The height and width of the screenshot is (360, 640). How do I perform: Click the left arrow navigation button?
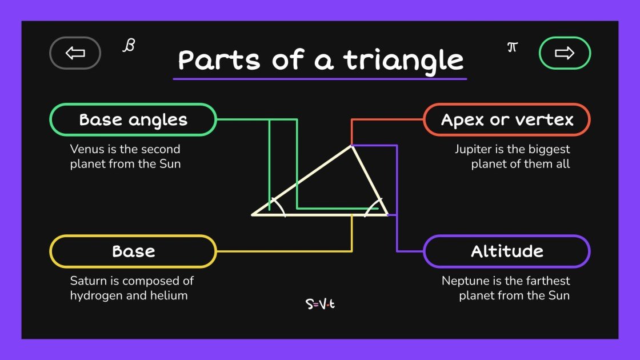click(75, 53)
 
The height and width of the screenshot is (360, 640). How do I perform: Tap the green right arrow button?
click(565, 53)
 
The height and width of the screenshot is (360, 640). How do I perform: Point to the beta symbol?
click(129, 46)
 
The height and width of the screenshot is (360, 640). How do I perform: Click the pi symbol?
click(512, 47)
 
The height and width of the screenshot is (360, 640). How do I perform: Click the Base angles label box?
click(133, 120)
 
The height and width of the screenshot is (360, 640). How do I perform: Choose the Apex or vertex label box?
click(507, 120)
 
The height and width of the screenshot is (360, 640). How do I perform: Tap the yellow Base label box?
click(133, 251)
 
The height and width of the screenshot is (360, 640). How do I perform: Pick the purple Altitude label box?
click(507, 251)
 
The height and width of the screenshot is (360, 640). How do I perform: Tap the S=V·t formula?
click(320, 304)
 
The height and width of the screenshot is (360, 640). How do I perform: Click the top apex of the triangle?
click(351, 146)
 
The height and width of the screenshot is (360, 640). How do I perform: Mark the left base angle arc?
click(278, 206)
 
